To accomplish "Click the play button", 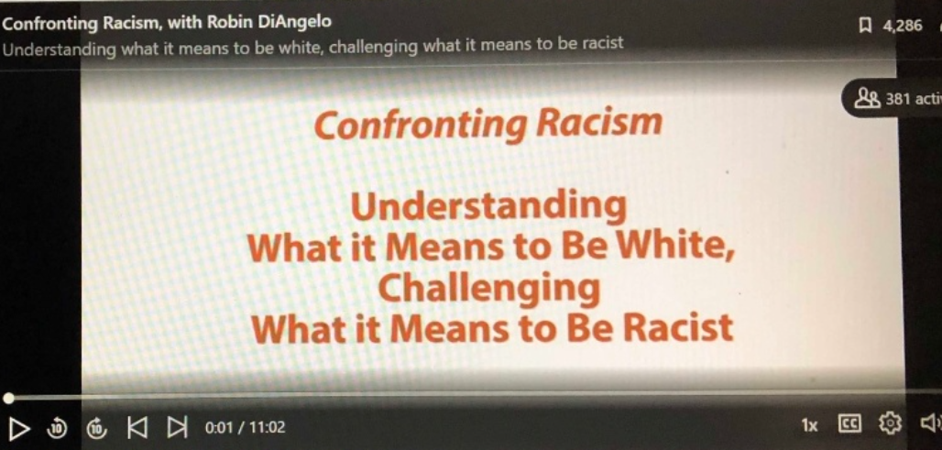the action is (x=19, y=428).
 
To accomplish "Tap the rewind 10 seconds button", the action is (x=57, y=428).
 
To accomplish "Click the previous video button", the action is (x=137, y=427).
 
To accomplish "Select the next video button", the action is (x=177, y=427).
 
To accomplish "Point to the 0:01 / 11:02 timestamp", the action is (x=245, y=428).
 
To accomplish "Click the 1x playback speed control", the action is (x=809, y=426).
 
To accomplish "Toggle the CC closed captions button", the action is (x=849, y=424).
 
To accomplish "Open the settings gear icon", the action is (x=891, y=423).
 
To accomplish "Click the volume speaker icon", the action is (x=932, y=423).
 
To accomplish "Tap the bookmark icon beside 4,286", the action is (x=866, y=26).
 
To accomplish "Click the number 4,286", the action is (x=903, y=26).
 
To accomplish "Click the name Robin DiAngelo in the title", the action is (x=269, y=22).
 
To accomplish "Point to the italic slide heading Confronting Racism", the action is (x=487, y=123).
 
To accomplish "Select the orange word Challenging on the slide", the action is (x=489, y=289).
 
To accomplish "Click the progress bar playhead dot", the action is (x=8, y=398).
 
